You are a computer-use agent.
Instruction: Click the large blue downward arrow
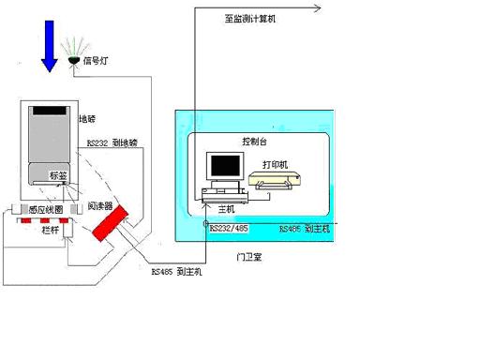coord(48,47)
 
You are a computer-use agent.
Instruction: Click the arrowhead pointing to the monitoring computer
coord(318,8)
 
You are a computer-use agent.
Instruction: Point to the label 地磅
coord(87,120)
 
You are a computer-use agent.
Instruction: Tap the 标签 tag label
coord(58,175)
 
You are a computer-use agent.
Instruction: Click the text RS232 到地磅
coord(112,142)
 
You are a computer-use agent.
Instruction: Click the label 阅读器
coord(100,205)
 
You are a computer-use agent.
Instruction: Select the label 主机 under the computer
coord(226,208)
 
